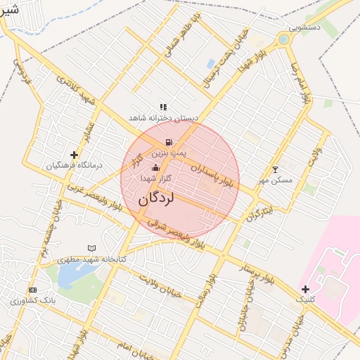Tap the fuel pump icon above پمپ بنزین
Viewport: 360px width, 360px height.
(x=169, y=143)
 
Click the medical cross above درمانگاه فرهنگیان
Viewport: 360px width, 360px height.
(x=74, y=155)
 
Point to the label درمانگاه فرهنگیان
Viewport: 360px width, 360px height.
(x=74, y=166)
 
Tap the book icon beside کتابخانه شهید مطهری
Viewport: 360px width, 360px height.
(x=91, y=248)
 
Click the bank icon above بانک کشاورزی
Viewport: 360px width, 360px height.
(x=32, y=290)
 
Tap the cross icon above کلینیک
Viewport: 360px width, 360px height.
(x=305, y=289)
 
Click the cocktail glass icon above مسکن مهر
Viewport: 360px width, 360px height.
(x=275, y=169)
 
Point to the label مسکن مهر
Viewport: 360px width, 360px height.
(x=275, y=180)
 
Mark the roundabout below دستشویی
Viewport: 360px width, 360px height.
(x=283, y=39)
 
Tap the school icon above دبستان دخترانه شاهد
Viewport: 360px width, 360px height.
(x=163, y=107)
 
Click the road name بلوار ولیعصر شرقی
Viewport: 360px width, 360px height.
(x=175, y=232)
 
